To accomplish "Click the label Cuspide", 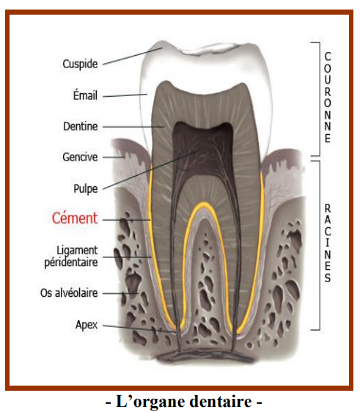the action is (80, 64).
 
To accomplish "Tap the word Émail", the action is (85, 95).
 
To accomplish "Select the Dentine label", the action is (81, 126).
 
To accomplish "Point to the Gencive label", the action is (80, 157).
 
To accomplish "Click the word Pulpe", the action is (85, 188).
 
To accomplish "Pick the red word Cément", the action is (75, 218).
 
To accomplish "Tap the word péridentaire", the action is (71, 262).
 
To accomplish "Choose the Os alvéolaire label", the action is (69, 293).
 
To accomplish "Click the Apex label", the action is (87, 325).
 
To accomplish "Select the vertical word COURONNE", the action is (328, 98).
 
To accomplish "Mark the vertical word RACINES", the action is (328, 243).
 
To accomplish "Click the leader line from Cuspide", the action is (133, 56).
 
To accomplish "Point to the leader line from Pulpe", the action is (151, 169).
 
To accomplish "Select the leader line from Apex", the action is (139, 328).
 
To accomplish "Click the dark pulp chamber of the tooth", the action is (203, 150).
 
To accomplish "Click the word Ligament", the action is (77, 251).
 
